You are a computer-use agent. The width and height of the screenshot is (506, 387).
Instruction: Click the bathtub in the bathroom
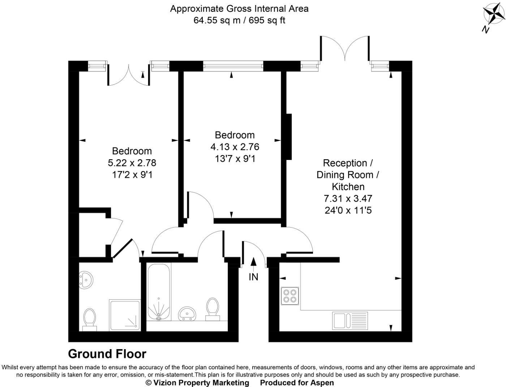159,292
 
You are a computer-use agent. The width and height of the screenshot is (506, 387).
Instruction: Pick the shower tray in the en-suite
125,315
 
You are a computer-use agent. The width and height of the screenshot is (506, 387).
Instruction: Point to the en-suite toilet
89,319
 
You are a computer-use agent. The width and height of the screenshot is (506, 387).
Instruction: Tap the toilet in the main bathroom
212,309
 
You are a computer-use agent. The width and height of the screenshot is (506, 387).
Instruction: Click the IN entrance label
253,277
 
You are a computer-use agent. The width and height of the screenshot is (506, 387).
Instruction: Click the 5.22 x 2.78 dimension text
132,163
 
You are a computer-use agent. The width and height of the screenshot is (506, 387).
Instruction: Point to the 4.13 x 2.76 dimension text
235,147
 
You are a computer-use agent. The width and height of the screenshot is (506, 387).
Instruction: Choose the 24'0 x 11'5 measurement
348,210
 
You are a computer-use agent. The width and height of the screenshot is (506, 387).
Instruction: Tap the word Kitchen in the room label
348,187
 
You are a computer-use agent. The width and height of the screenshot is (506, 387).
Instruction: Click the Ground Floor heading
107,354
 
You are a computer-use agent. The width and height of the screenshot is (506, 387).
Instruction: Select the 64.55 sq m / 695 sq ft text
239,20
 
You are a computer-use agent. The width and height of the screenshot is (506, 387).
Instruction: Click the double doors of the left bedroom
128,75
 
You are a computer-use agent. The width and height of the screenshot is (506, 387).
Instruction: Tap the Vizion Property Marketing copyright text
197,383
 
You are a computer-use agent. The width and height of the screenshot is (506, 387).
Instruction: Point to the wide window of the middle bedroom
233,66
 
